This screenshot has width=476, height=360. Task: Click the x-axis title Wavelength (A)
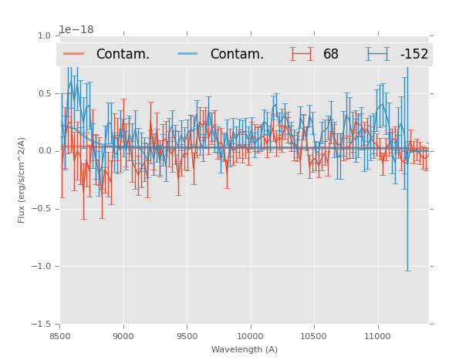pos(245,349)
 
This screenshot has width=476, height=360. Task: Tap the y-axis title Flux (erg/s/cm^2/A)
pos(22,180)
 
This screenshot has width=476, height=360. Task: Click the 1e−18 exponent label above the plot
pos(76,29)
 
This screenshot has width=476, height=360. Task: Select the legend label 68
pos(331,54)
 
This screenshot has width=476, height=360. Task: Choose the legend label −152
pos(414,54)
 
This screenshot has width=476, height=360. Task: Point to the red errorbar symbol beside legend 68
pos(302,54)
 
